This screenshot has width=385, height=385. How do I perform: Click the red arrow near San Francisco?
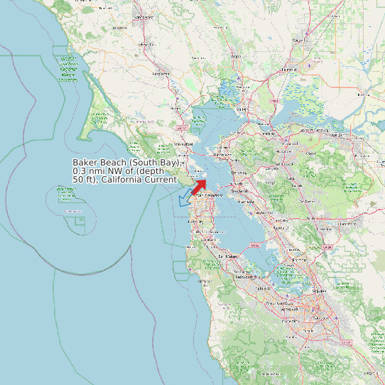(199, 186)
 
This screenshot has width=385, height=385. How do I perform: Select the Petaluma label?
(162, 72)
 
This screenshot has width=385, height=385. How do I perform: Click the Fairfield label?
(288, 70)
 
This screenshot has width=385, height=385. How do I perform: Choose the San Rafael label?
(183, 144)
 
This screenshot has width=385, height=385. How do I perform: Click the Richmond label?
(222, 154)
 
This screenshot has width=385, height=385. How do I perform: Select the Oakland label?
(239, 190)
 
